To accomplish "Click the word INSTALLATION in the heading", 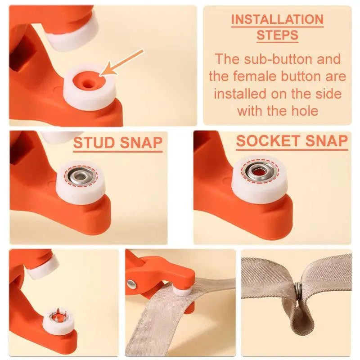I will coord(277,20).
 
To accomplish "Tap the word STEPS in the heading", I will coord(277,35).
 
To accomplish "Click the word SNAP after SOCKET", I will coord(328,141).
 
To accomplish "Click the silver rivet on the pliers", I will coord(131,283).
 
